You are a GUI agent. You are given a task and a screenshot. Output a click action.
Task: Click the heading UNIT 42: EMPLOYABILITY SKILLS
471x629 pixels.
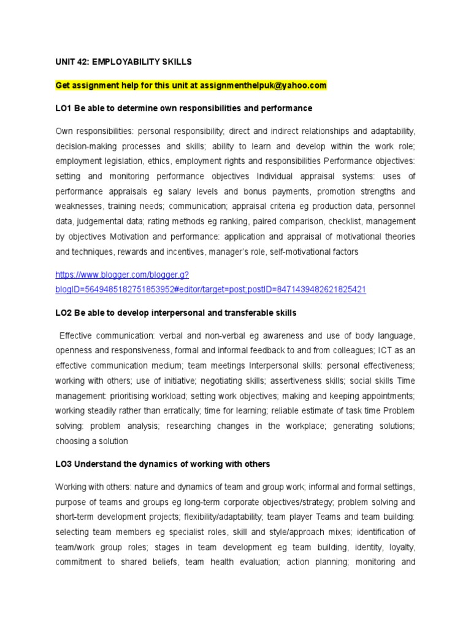coord(123,62)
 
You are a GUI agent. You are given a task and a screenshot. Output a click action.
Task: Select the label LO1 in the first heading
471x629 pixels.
coord(63,108)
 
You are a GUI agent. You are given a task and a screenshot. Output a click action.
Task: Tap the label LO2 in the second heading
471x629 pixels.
coord(63,313)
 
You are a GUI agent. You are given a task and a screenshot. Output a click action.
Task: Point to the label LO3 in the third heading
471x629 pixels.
coord(63,464)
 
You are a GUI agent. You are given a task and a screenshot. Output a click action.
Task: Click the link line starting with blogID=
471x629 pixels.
coord(210,289)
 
